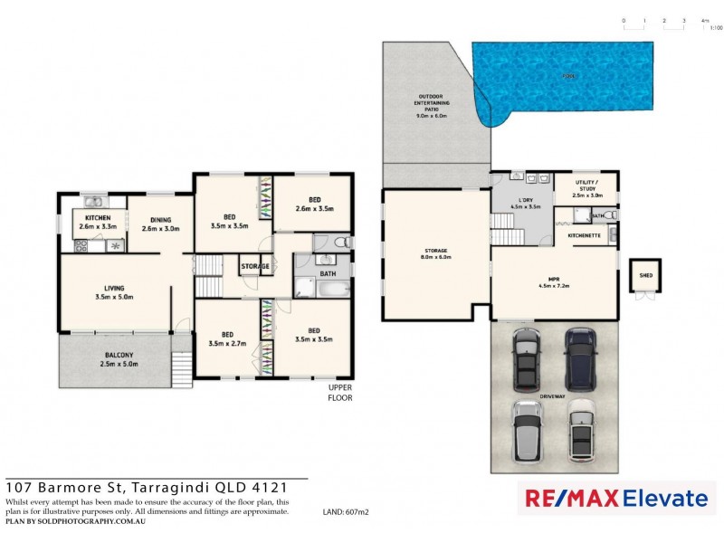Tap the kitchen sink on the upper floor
click(93, 202)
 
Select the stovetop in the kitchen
click(115, 245)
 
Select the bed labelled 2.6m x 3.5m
click(314, 205)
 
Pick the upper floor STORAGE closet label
click(254, 266)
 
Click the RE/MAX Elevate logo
click(612, 498)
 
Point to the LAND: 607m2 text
click(345, 511)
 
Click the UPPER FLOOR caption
click(339, 393)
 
